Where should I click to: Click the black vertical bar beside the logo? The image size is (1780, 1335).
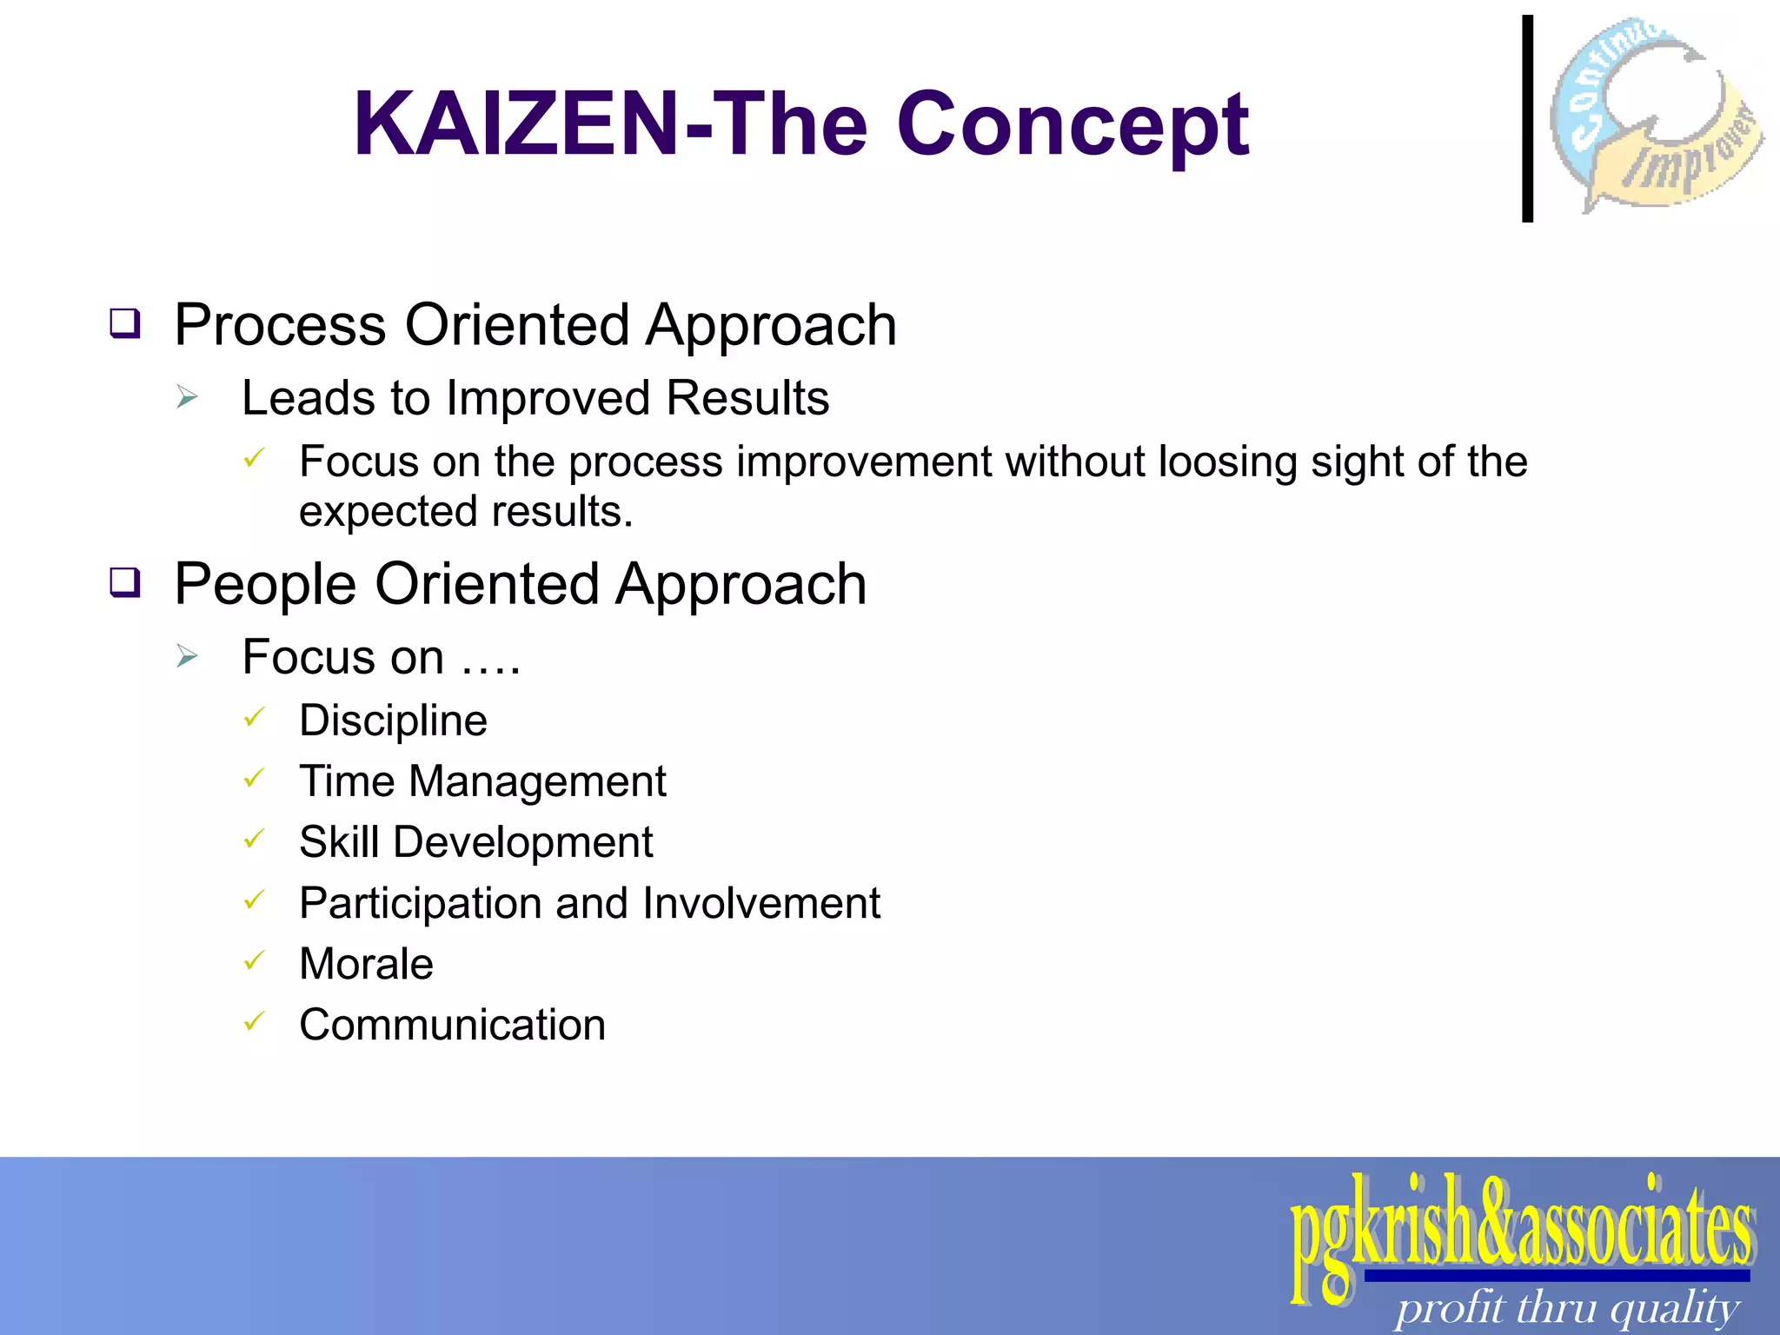[x=1527, y=119]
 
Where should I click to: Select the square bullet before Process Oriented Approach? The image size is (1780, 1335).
[x=125, y=324]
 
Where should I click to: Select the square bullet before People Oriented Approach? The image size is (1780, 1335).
[x=125, y=582]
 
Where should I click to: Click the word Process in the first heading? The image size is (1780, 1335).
[x=280, y=326]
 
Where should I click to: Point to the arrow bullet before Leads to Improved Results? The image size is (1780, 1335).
[x=187, y=398]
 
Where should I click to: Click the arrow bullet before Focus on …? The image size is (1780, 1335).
[x=187, y=656]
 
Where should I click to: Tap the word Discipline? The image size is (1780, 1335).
[x=393, y=721]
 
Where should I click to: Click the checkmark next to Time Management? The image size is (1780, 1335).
[x=253, y=778]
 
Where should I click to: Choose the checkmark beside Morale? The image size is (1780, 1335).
[x=253, y=960]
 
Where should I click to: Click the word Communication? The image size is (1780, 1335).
[x=452, y=1025]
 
